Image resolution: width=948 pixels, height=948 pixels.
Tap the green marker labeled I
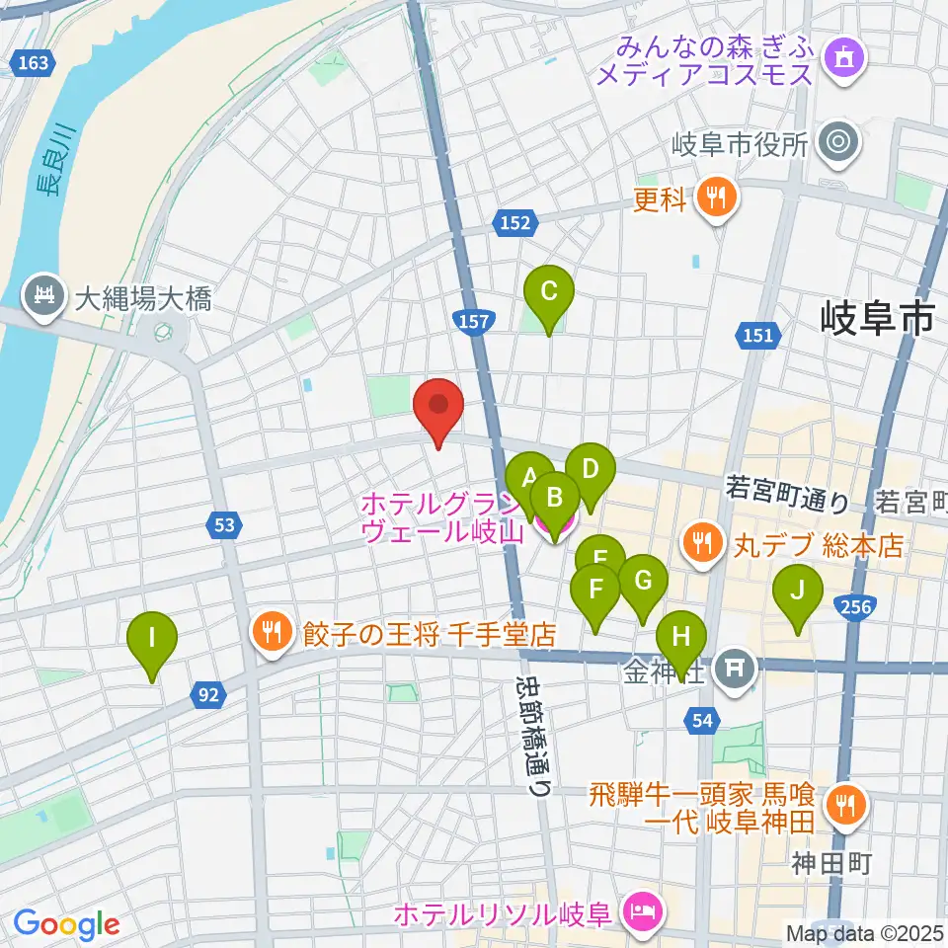[x=151, y=637]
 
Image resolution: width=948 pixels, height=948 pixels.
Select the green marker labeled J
[x=798, y=592]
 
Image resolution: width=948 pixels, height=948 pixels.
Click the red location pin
[x=437, y=407]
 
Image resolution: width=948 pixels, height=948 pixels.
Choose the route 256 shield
[x=855, y=606]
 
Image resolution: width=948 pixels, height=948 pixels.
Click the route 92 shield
[x=207, y=696]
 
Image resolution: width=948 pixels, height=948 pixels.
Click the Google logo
[x=66, y=924]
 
